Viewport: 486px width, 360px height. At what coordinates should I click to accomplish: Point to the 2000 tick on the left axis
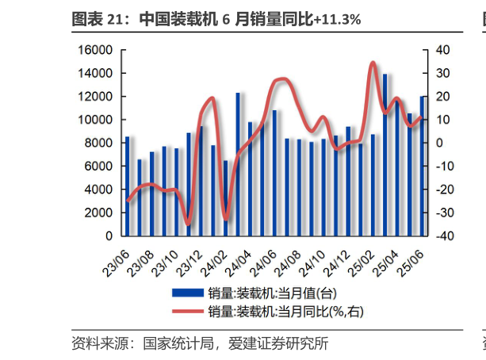click(x=101, y=213)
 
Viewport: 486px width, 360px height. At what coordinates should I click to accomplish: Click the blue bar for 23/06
click(x=126, y=186)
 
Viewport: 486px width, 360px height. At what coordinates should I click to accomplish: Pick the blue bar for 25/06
click(x=423, y=166)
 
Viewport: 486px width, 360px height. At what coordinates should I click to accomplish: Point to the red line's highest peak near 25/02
click(x=373, y=62)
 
